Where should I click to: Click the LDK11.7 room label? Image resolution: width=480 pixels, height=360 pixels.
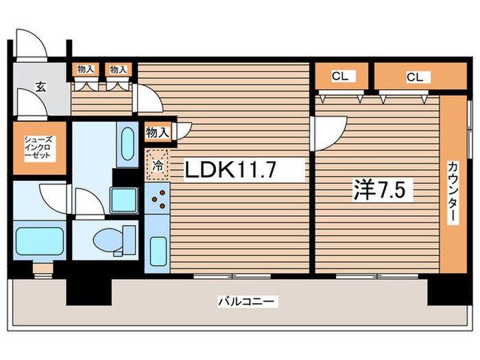click(x=230, y=170)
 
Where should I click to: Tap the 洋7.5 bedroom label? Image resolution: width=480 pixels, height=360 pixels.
click(x=379, y=189)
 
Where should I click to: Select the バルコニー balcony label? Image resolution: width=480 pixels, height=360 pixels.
click(x=246, y=302)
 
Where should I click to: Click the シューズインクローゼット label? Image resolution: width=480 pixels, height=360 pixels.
click(x=38, y=147)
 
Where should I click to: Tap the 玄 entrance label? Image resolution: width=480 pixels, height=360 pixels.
click(x=40, y=88)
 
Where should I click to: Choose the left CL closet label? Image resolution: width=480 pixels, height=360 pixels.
click(x=340, y=76)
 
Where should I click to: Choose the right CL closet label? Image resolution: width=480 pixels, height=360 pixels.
click(x=415, y=77)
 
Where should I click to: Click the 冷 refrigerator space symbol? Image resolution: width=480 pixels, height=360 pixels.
click(x=158, y=166)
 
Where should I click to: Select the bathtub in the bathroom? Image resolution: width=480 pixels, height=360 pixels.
click(x=40, y=241)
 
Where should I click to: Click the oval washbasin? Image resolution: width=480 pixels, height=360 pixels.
click(x=128, y=143)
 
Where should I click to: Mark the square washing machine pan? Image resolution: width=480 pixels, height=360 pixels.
click(x=124, y=200)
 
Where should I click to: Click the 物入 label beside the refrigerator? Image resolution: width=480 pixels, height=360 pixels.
click(x=157, y=132)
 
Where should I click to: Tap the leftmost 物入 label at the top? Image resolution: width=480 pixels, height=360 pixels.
click(x=86, y=69)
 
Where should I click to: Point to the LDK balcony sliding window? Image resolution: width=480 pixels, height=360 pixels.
click(x=232, y=276)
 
